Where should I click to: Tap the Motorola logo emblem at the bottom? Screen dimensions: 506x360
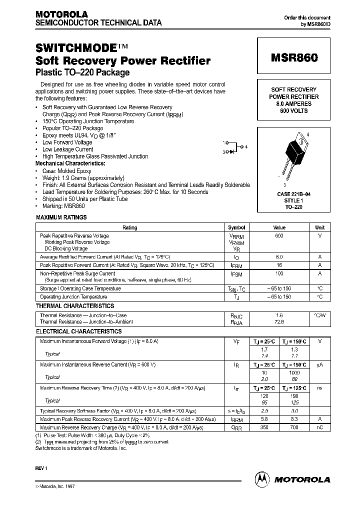[261, 478]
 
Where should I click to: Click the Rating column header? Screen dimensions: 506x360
[129, 227]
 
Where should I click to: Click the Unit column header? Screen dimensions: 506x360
[319, 227]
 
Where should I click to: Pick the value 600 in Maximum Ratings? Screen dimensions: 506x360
[279, 235]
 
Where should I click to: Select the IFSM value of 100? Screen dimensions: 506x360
[279, 273]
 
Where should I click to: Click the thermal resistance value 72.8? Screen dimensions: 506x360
[279, 322]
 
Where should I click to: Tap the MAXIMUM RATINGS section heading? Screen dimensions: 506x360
[61, 217]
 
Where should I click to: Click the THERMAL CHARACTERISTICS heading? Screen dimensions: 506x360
[75, 306]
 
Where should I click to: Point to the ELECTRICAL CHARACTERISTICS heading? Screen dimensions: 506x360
[78, 331]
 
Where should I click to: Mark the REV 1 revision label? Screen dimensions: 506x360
[41, 468]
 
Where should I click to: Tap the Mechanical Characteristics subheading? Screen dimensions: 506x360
[70, 163]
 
